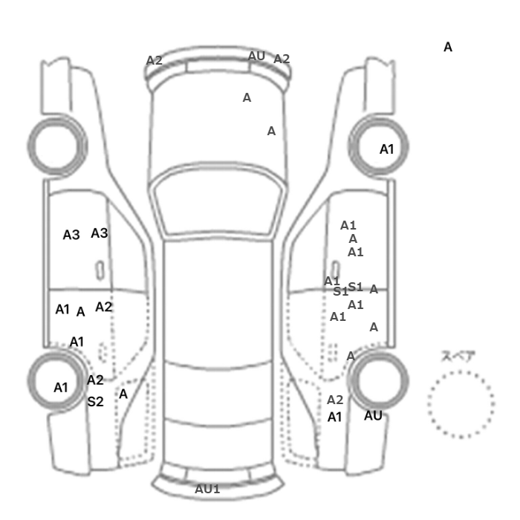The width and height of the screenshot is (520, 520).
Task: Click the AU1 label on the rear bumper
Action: (x=207, y=489)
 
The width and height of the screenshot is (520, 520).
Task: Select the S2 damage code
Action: (x=96, y=402)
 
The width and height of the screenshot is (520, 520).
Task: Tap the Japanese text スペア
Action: (x=458, y=356)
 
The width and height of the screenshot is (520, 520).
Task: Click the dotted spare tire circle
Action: (x=461, y=371)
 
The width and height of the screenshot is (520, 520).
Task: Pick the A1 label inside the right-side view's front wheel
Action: (x=387, y=149)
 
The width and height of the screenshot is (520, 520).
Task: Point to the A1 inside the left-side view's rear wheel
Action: (x=61, y=387)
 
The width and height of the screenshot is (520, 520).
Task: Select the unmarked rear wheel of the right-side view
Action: (x=378, y=352)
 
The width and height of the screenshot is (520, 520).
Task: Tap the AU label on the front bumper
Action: (x=256, y=56)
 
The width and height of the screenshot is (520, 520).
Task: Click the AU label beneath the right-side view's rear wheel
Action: (x=373, y=415)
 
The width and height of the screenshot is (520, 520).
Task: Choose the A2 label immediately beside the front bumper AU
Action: (x=282, y=59)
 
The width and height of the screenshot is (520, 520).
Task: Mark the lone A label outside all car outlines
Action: (x=448, y=47)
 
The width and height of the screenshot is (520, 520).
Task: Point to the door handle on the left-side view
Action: (x=100, y=270)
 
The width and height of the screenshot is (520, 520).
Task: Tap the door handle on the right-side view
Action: (x=335, y=270)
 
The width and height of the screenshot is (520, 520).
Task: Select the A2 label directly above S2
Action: (x=95, y=380)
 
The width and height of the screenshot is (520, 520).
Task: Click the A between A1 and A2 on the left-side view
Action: (x=80, y=312)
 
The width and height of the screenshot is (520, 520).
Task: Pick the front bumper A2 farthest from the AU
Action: (x=155, y=60)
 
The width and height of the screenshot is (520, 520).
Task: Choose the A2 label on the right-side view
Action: (x=335, y=400)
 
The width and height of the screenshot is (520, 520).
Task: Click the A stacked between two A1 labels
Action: (x=353, y=238)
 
